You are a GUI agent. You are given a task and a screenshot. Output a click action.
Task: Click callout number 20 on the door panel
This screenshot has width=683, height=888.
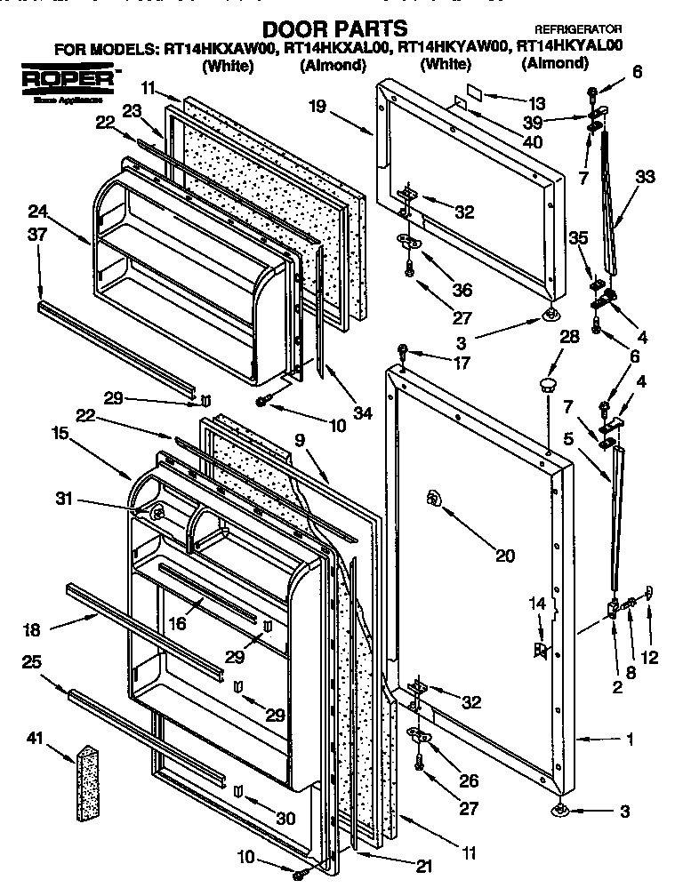[x=504, y=556]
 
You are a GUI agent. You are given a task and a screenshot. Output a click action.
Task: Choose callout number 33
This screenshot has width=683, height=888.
[x=644, y=177]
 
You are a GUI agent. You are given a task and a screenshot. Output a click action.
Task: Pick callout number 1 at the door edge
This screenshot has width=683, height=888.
[x=630, y=739]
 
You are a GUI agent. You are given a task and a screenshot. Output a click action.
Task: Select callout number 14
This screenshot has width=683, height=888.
[x=536, y=604]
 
